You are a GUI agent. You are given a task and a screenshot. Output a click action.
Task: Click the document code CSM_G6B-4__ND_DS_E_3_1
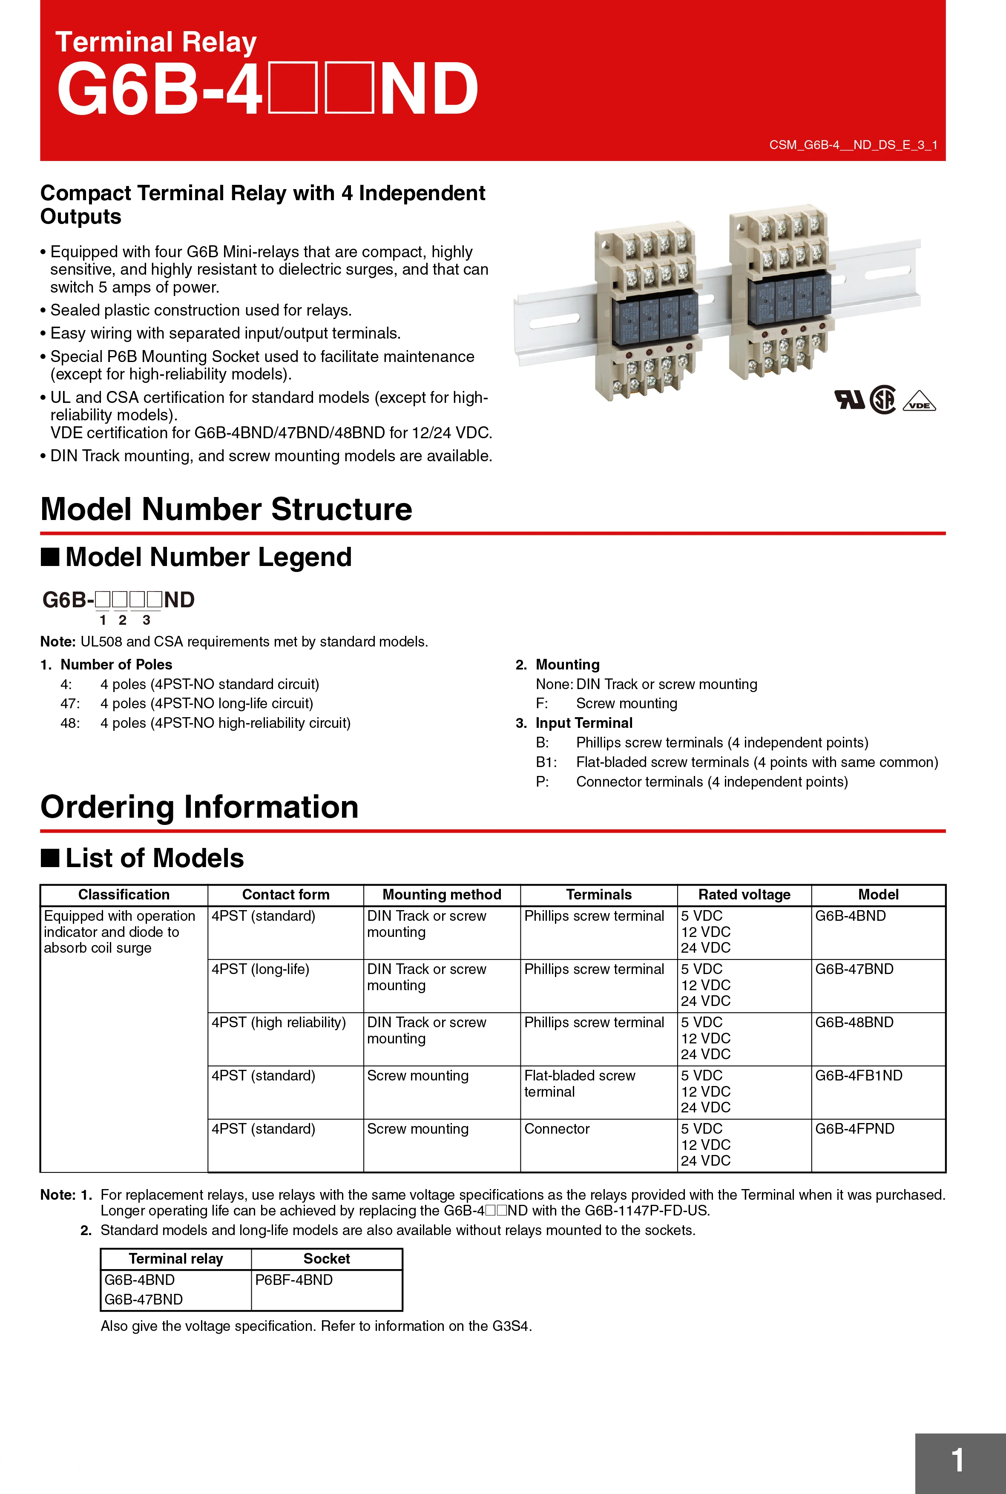[x=853, y=145]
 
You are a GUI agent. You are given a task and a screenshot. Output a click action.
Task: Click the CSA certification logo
[x=883, y=399]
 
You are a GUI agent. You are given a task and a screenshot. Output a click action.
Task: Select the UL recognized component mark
[x=849, y=399]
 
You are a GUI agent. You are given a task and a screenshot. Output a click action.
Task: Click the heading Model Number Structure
[x=226, y=509]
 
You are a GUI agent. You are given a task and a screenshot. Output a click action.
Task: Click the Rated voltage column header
[x=744, y=894]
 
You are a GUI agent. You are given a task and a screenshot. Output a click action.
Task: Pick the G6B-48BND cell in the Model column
[x=854, y=1023]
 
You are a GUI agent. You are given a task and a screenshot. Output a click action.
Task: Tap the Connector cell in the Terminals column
[x=556, y=1129]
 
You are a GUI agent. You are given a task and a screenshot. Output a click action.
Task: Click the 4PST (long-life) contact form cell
[x=261, y=969]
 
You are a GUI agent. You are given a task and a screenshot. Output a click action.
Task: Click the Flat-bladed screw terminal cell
[x=579, y=1083]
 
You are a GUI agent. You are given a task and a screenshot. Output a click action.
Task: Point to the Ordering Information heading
[x=199, y=807]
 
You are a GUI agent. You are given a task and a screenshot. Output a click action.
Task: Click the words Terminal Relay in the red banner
[x=156, y=42]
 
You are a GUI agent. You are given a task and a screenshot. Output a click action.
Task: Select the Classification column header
[x=124, y=894]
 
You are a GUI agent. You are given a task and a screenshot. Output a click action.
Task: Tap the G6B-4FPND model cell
[x=854, y=1129]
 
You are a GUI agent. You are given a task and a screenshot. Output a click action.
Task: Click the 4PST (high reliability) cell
[x=279, y=1023]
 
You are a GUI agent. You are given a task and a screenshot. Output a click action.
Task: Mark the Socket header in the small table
[x=327, y=1258]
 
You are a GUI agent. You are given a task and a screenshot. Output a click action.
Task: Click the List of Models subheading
[x=154, y=858]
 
